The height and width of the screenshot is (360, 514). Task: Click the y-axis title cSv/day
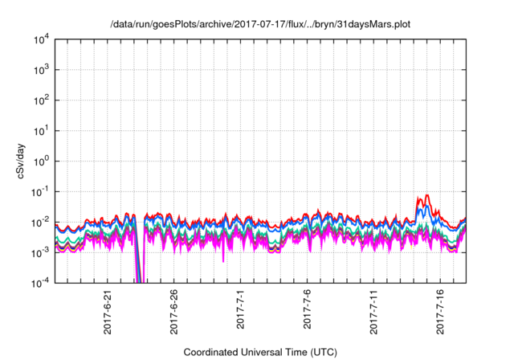30,161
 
